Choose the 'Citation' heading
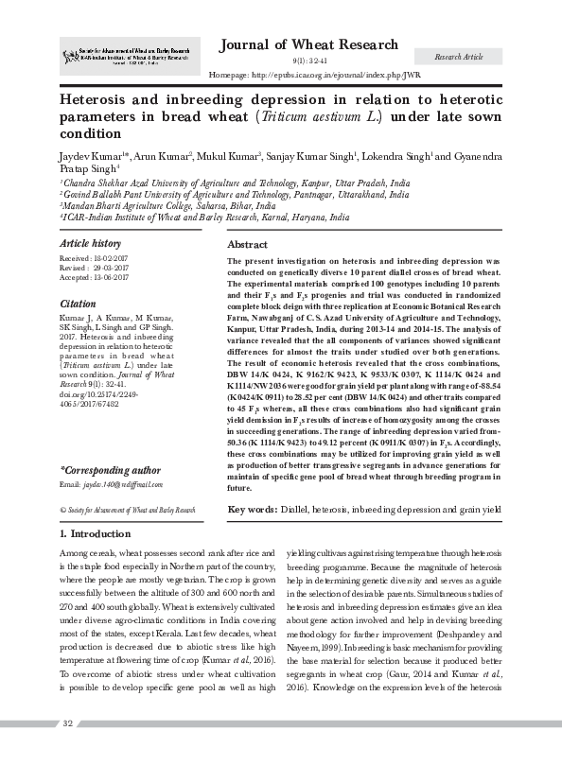[78, 305]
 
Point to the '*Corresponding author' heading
[110, 469]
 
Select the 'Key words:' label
[253, 510]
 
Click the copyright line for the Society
[128, 510]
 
